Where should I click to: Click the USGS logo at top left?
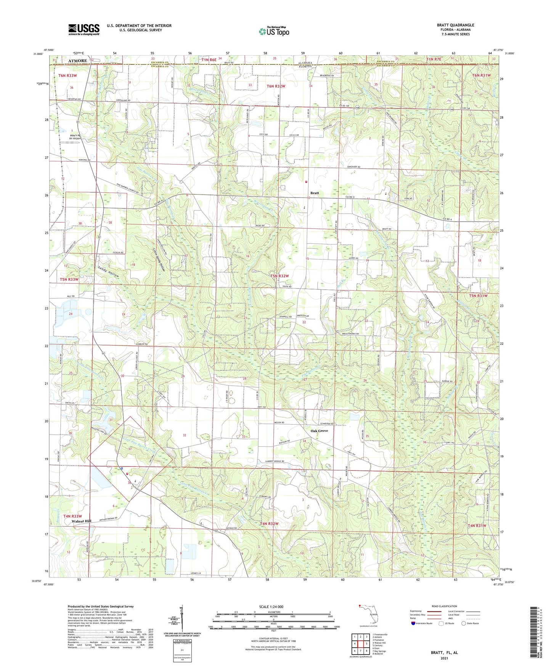pyautogui.click(x=84, y=29)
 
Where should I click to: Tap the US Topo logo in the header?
pyautogui.click(x=274, y=31)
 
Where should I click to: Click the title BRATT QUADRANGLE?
pyautogui.click(x=455, y=25)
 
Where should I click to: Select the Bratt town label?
pyautogui.click(x=314, y=193)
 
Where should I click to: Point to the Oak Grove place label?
pyautogui.click(x=319, y=431)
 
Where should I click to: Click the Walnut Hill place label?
pyautogui.click(x=81, y=521)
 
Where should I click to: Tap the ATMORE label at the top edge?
pyautogui.click(x=77, y=61)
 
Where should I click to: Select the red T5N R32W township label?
pyautogui.click(x=280, y=276)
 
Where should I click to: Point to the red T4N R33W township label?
pyautogui.click(x=73, y=516)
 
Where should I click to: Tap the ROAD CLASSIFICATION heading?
pyautogui.click(x=444, y=606)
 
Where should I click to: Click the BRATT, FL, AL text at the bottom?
pyautogui.click(x=444, y=653)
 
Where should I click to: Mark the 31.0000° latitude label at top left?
pyautogui.click(x=38, y=54)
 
